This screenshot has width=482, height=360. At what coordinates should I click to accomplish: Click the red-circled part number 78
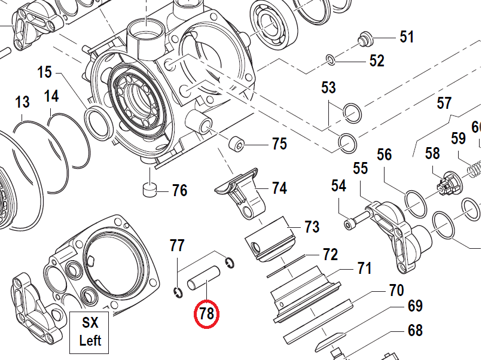click(207, 314)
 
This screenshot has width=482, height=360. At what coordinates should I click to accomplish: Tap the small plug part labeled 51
click(364, 40)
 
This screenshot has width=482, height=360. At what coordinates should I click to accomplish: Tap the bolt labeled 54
click(355, 218)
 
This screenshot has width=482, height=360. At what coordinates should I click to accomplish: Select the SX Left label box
click(90, 331)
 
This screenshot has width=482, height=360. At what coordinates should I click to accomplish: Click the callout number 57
click(444, 103)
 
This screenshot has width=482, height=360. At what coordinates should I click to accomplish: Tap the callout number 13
click(22, 102)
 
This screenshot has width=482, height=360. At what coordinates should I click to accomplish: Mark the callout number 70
click(396, 291)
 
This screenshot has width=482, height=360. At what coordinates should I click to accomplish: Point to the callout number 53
click(328, 88)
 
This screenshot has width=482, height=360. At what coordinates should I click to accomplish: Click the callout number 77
click(177, 245)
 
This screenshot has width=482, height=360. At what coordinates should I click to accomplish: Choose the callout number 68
click(415, 330)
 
